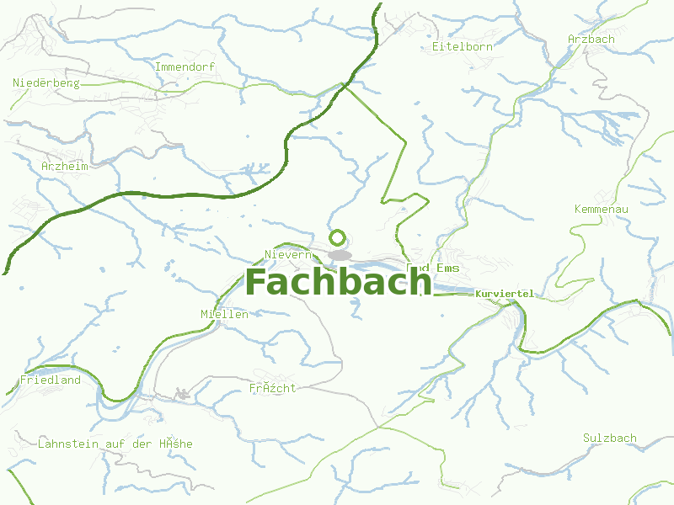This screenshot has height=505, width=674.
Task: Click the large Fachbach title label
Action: (x=338, y=281)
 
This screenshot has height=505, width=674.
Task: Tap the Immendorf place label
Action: (x=185, y=66)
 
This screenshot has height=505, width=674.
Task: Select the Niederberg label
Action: (x=46, y=82)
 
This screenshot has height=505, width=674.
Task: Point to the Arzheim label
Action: (x=65, y=166)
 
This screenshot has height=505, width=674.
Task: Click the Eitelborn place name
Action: (x=462, y=46)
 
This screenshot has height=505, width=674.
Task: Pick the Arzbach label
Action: (x=591, y=39)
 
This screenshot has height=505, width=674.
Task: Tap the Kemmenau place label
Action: (x=602, y=208)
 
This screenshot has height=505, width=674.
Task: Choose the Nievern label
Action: (x=289, y=254)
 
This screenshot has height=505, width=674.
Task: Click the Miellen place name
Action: (x=224, y=314)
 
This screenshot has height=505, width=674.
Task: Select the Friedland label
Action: (x=51, y=380)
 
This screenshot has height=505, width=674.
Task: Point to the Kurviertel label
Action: (x=505, y=294)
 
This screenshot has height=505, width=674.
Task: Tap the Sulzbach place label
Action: (x=610, y=438)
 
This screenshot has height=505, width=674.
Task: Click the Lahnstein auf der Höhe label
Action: (x=115, y=444)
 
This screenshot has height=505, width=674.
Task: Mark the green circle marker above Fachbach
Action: (x=338, y=237)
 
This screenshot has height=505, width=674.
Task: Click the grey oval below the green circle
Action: (x=340, y=255)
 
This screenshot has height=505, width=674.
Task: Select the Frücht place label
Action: (x=272, y=388)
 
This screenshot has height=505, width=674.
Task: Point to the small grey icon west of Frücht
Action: (x=181, y=393)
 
